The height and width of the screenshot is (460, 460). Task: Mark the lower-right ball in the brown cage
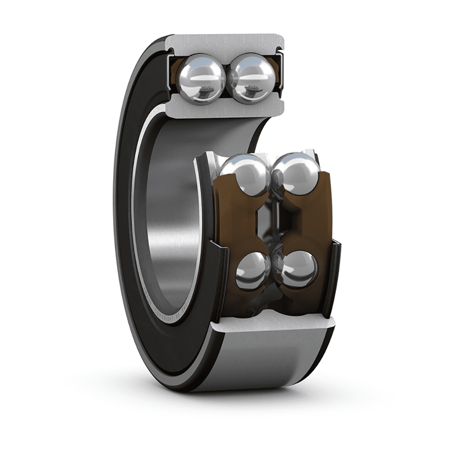[x=299, y=269]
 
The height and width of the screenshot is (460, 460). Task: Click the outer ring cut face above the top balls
[x=225, y=44]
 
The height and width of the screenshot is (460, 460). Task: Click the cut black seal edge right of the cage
[x=335, y=276]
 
